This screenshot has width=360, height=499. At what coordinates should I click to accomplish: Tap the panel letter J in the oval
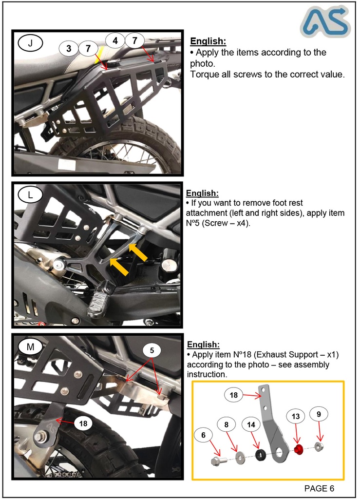click(x=31, y=43)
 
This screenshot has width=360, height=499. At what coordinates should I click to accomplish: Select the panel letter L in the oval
click(x=31, y=195)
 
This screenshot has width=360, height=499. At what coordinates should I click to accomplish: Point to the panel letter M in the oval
click(x=31, y=347)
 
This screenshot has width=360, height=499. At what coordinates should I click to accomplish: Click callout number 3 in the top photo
click(x=69, y=48)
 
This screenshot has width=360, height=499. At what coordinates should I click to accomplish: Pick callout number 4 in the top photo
click(x=115, y=40)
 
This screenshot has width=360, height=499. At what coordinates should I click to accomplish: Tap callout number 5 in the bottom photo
click(x=152, y=350)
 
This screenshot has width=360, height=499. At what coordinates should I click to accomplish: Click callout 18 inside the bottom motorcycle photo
click(x=83, y=423)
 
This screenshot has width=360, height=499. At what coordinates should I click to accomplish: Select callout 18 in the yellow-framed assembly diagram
click(x=234, y=395)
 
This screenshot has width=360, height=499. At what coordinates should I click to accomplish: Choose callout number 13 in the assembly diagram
click(x=295, y=416)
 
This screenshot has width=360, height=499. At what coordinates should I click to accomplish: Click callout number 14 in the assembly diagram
click(x=251, y=424)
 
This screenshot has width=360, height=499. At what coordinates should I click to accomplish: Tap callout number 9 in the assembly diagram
click(x=319, y=414)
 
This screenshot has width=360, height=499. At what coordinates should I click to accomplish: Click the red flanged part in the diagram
click(x=299, y=448)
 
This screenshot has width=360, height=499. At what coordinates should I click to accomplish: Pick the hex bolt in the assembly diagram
click(x=217, y=461)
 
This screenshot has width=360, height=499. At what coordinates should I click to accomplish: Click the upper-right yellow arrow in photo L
click(x=138, y=252)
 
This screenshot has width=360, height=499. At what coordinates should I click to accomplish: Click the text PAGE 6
click(x=319, y=488)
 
